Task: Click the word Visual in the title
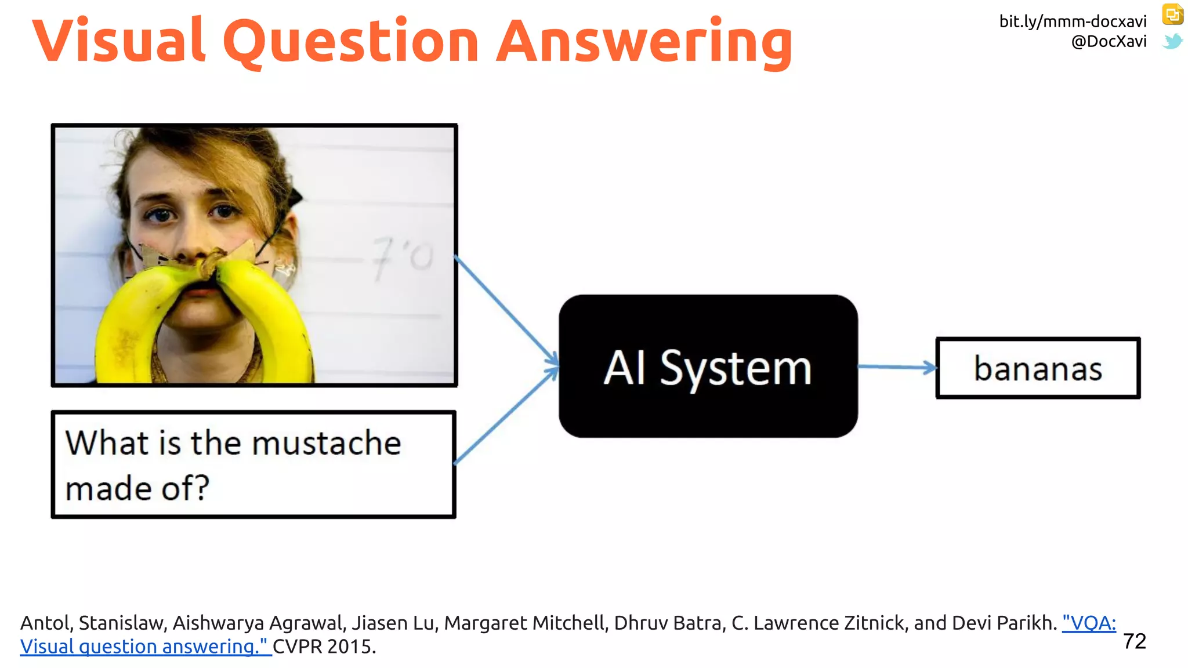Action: point(119,41)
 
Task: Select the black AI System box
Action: point(708,406)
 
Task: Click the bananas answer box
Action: point(1038,368)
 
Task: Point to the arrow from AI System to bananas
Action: point(897,366)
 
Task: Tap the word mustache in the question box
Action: point(327,444)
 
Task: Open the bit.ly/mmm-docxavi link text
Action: point(1072,22)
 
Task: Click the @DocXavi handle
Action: point(1109,42)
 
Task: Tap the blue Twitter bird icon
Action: point(1172,41)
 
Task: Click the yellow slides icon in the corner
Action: point(1172,14)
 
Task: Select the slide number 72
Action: point(1134,641)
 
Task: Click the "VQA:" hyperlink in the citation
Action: point(1089,623)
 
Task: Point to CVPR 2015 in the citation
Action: point(324,647)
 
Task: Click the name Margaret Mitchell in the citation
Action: point(526,623)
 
